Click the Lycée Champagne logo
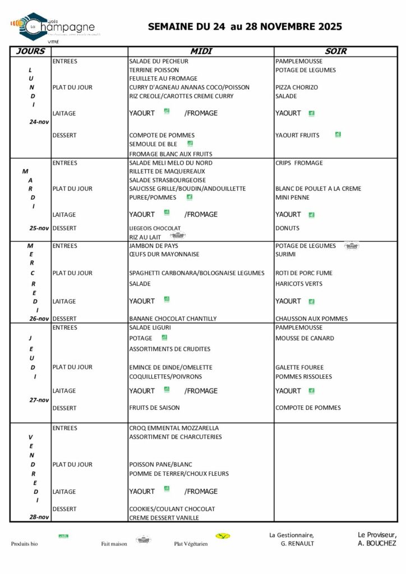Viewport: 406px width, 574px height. click(x=53, y=26)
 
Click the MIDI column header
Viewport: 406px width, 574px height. click(x=201, y=51)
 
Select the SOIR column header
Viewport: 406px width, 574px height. click(x=335, y=51)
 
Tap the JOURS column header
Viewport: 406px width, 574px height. click(x=31, y=51)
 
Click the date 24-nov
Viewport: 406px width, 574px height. click(x=39, y=122)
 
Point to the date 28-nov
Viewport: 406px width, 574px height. click(x=39, y=517)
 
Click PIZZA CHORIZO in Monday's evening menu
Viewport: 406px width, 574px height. click(x=296, y=87)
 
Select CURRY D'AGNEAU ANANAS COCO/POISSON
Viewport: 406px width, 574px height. click(x=189, y=87)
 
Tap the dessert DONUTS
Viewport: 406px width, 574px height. click(x=287, y=228)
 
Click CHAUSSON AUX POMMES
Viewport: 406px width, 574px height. click(x=311, y=318)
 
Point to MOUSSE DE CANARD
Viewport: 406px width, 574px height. click(x=304, y=338)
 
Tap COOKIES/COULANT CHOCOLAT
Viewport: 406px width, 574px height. click(x=172, y=509)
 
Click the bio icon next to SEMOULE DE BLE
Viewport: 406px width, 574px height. click(x=190, y=143)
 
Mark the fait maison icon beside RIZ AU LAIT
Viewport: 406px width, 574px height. click(x=177, y=235)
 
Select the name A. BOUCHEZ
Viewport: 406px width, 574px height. click(x=377, y=543)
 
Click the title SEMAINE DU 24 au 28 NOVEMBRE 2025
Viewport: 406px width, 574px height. click(x=244, y=26)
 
